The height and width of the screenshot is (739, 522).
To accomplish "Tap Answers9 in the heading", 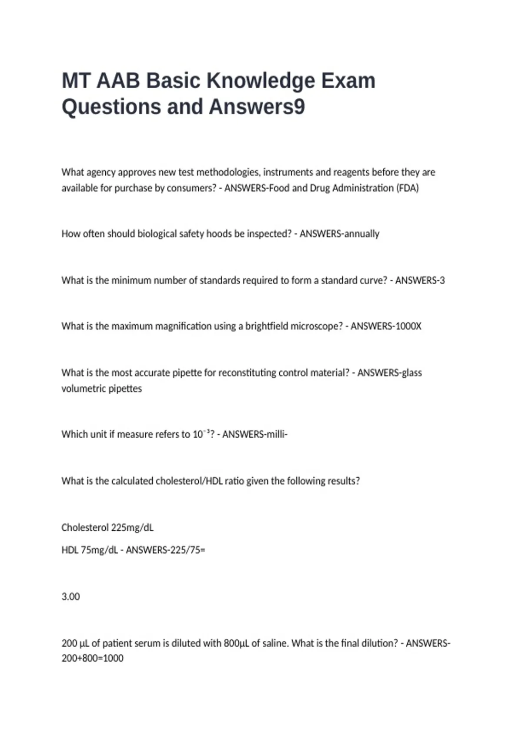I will [x=257, y=107].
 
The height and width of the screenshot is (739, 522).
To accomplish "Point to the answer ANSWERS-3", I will [x=420, y=280].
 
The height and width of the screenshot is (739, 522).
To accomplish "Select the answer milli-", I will [x=274, y=434].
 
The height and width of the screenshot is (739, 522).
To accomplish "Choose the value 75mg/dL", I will [x=99, y=550].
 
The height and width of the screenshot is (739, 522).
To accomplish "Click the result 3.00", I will [x=70, y=597].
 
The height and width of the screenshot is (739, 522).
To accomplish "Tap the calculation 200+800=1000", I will [x=92, y=658].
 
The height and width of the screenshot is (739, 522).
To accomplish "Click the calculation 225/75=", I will [x=189, y=550].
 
